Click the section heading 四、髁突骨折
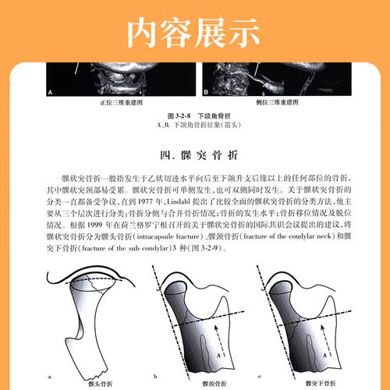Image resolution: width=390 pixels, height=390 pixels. pyautogui.click(x=194, y=153)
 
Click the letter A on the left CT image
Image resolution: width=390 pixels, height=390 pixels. pyautogui.click(x=51, y=93)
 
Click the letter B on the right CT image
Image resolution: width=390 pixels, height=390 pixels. pyautogui.click(x=206, y=93)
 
